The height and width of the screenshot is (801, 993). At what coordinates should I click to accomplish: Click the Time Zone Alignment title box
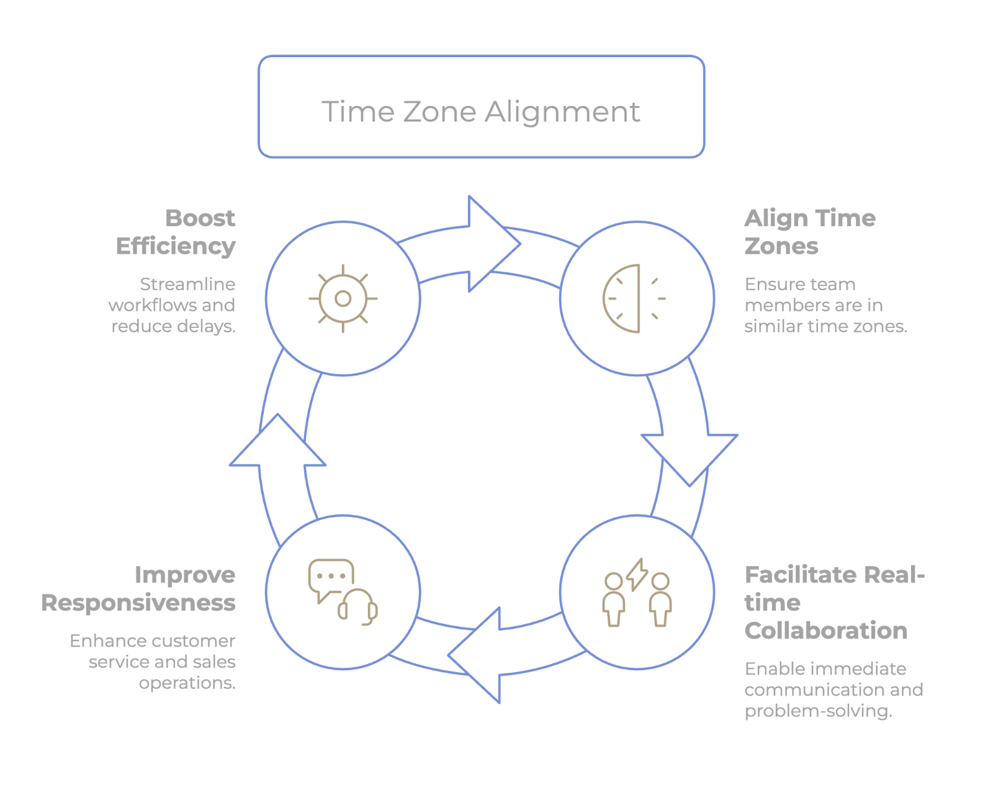pyautogui.click(x=481, y=107)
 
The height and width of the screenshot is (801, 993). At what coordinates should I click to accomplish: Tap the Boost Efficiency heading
pyautogui.click(x=177, y=232)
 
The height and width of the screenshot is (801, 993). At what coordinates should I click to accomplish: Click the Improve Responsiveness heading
pyautogui.click(x=139, y=588)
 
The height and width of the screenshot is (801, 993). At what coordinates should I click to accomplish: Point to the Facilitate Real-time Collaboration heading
pyautogui.click(x=833, y=602)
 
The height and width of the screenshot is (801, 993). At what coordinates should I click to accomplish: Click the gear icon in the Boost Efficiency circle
pyautogui.click(x=343, y=299)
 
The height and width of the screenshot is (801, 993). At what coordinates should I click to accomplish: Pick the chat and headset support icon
pyautogui.click(x=343, y=592)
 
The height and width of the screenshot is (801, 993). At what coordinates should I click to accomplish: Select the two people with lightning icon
pyautogui.click(x=637, y=592)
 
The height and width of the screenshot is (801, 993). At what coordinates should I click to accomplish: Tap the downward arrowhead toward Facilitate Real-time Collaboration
pyautogui.click(x=690, y=456)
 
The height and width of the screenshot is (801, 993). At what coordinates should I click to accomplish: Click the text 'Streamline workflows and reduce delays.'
pyautogui.click(x=173, y=305)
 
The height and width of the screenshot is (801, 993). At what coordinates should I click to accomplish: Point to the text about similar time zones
pyautogui.click(x=825, y=305)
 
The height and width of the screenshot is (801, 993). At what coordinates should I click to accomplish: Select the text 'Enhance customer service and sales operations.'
pyautogui.click(x=153, y=662)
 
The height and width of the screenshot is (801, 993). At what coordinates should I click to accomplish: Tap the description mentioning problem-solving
pyautogui.click(x=833, y=689)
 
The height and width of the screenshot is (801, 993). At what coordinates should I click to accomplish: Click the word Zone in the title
pyautogui.click(x=439, y=112)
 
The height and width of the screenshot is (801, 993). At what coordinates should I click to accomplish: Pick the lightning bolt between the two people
pyautogui.click(x=637, y=574)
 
